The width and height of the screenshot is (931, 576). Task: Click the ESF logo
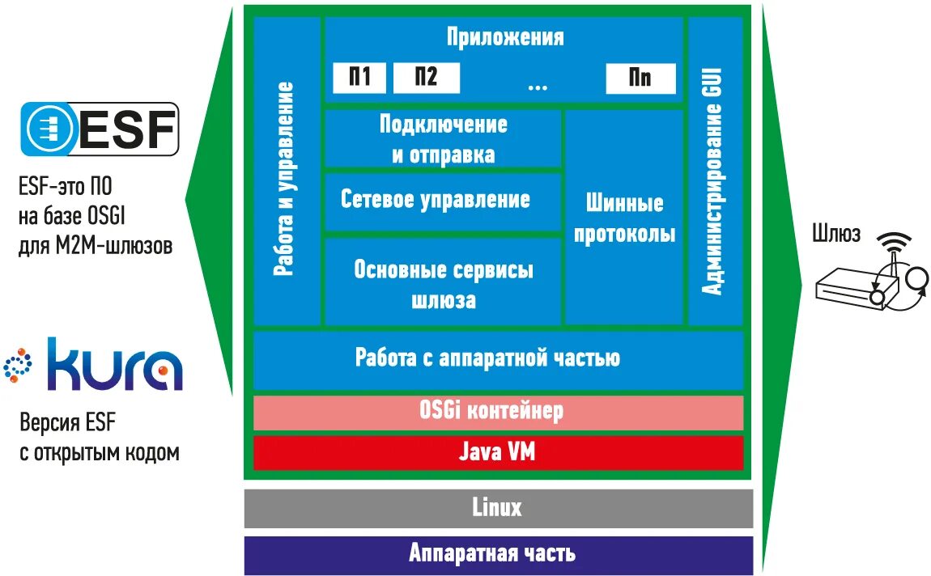(x=99, y=129)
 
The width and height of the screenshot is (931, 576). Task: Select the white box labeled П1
(x=359, y=78)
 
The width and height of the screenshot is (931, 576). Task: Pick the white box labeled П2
(x=426, y=78)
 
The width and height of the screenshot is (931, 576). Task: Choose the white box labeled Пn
(x=640, y=78)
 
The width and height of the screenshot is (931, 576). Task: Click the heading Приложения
(x=504, y=37)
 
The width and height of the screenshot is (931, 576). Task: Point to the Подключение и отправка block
(x=443, y=139)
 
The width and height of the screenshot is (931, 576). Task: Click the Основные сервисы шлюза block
(x=443, y=284)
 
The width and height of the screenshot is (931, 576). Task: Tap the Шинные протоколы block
(x=623, y=218)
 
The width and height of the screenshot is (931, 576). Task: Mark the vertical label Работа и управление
(x=286, y=179)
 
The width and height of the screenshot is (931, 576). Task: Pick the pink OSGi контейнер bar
(x=497, y=411)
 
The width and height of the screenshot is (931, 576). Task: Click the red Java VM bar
(x=497, y=452)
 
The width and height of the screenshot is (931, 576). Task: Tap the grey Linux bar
(x=497, y=508)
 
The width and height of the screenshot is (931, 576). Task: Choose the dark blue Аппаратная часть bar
(x=497, y=554)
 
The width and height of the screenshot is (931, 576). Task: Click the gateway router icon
(x=866, y=279)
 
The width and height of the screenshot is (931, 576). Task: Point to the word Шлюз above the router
(x=836, y=235)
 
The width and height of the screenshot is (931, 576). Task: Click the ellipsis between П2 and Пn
(x=537, y=83)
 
